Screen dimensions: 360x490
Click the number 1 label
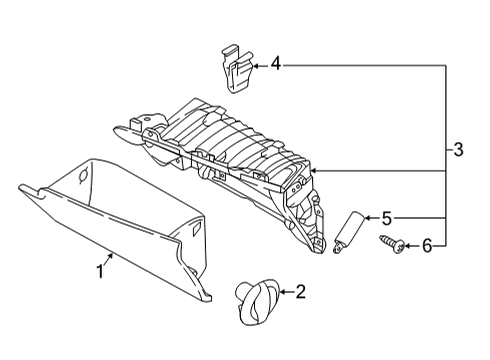pyautogui.click(x=101, y=271)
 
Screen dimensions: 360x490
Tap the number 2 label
pyautogui.click(x=299, y=292)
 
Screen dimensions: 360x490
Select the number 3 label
pyautogui.click(x=459, y=151)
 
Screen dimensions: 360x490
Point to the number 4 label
pyautogui.click(x=275, y=67)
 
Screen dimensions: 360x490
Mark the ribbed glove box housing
pyautogui.click(x=230, y=150)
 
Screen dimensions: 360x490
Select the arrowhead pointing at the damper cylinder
pyautogui.click(x=365, y=217)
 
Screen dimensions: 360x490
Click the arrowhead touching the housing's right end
pyautogui.click(x=315, y=172)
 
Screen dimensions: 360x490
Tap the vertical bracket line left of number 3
pyautogui.click(x=445, y=155)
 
